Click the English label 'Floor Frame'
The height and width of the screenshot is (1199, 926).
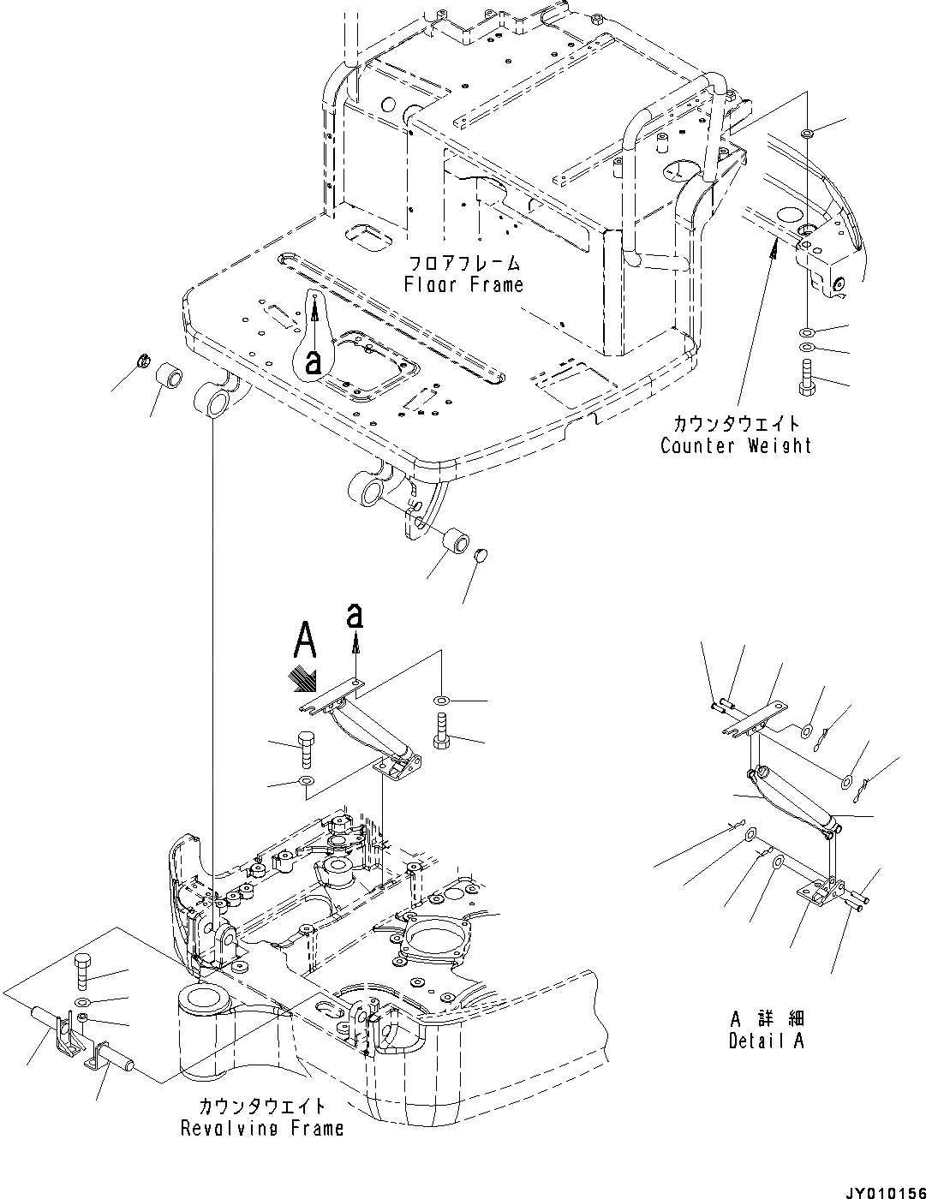pos(463,284)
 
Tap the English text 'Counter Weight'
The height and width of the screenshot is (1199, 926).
pos(735,445)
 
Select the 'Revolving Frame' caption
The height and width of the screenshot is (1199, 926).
pos(261,1128)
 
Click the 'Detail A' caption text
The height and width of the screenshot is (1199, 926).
pos(766,1041)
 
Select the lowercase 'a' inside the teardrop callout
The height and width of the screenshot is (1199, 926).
pos(314,361)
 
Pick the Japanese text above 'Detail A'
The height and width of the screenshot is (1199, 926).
pos(767,1019)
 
